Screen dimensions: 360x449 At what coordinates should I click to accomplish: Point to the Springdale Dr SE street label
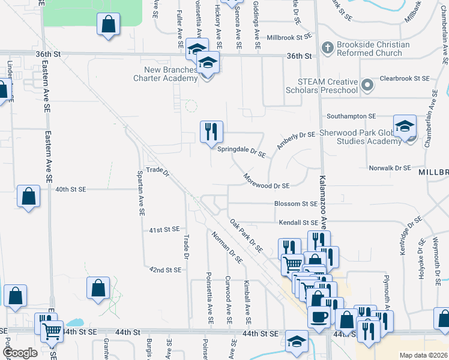[241, 151]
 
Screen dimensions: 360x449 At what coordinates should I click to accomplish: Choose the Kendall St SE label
[297, 223]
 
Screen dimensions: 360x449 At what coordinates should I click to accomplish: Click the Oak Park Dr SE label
[247, 235]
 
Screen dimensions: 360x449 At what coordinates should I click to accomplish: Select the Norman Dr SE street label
[227, 247]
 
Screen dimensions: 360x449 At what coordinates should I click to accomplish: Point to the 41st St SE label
[164, 229]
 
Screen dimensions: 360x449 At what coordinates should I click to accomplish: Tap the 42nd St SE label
[165, 270]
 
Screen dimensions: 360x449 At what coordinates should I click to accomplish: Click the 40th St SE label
[71, 189]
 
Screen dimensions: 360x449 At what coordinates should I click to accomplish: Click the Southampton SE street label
[351, 116]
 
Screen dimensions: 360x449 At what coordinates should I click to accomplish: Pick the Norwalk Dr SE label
[390, 169]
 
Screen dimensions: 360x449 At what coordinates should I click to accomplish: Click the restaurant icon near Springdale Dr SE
[211, 131]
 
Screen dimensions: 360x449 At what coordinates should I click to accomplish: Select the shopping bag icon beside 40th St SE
[29, 196]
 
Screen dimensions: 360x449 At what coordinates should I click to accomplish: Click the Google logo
[20, 353]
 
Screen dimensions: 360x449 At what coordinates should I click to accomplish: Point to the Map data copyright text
[423, 355]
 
